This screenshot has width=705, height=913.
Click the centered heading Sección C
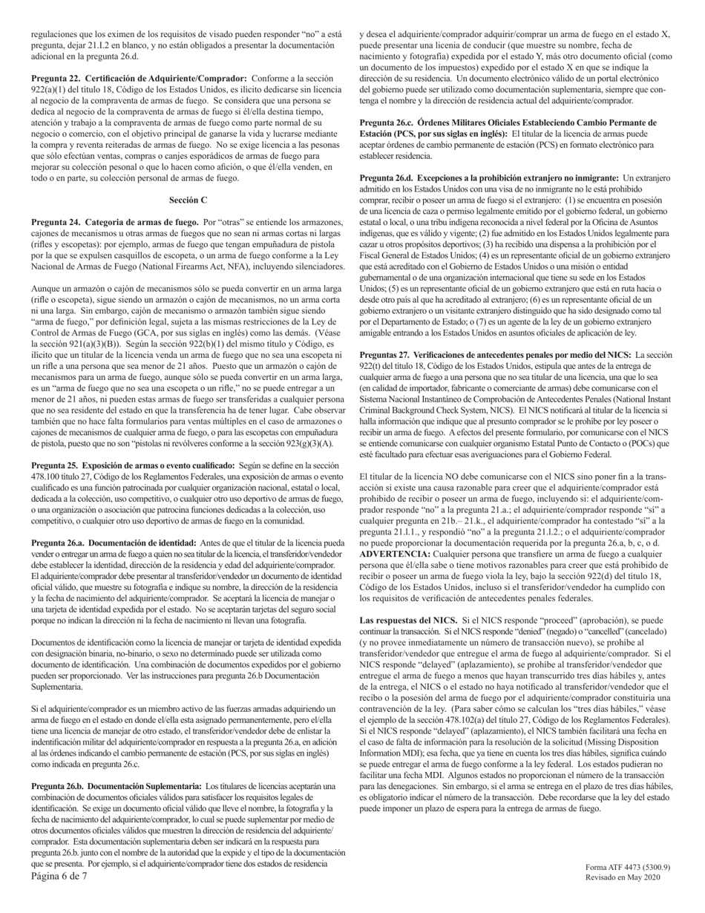click(188, 200)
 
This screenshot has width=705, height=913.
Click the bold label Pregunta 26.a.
click(59, 523)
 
